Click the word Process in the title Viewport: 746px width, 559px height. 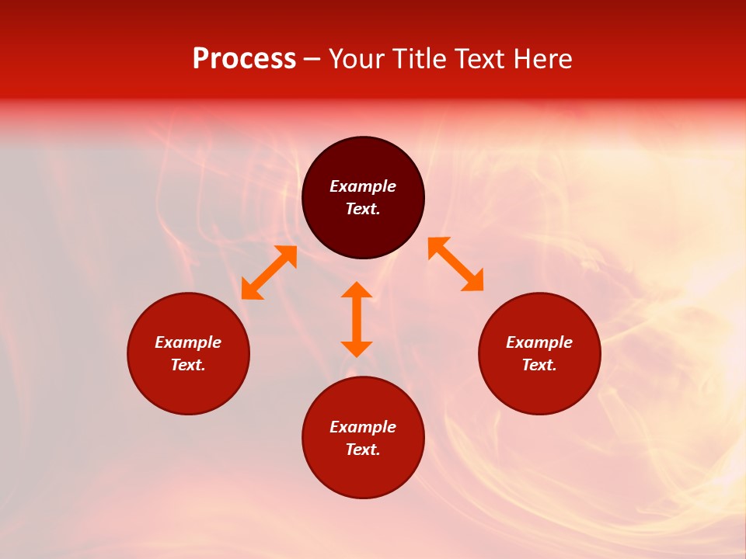pyautogui.click(x=244, y=60)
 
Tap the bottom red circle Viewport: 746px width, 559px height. pyautogui.click(x=363, y=474)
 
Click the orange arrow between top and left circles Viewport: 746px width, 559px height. pyautogui.click(x=269, y=273)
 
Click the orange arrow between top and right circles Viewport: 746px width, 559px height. pyautogui.click(x=456, y=264)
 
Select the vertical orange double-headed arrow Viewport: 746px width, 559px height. pyautogui.click(x=357, y=319)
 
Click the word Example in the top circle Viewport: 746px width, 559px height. pyautogui.click(x=363, y=186)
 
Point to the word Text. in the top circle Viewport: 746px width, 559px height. pyautogui.click(x=363, y=209)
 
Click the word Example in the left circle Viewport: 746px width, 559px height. pyautogui.click(x=188, y=342)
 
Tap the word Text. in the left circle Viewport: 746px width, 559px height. pyautogui.click(x=188, y=365)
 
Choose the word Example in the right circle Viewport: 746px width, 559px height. pyautogui.click(x=539, y=342)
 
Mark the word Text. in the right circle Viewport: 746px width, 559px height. pyautogui.click(x=539, y=365)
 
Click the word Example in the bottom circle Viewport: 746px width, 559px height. pyautogui.click(x=363, y=427)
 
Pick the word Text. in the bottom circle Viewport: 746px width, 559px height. pyautogui.click(x=363, y=450)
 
